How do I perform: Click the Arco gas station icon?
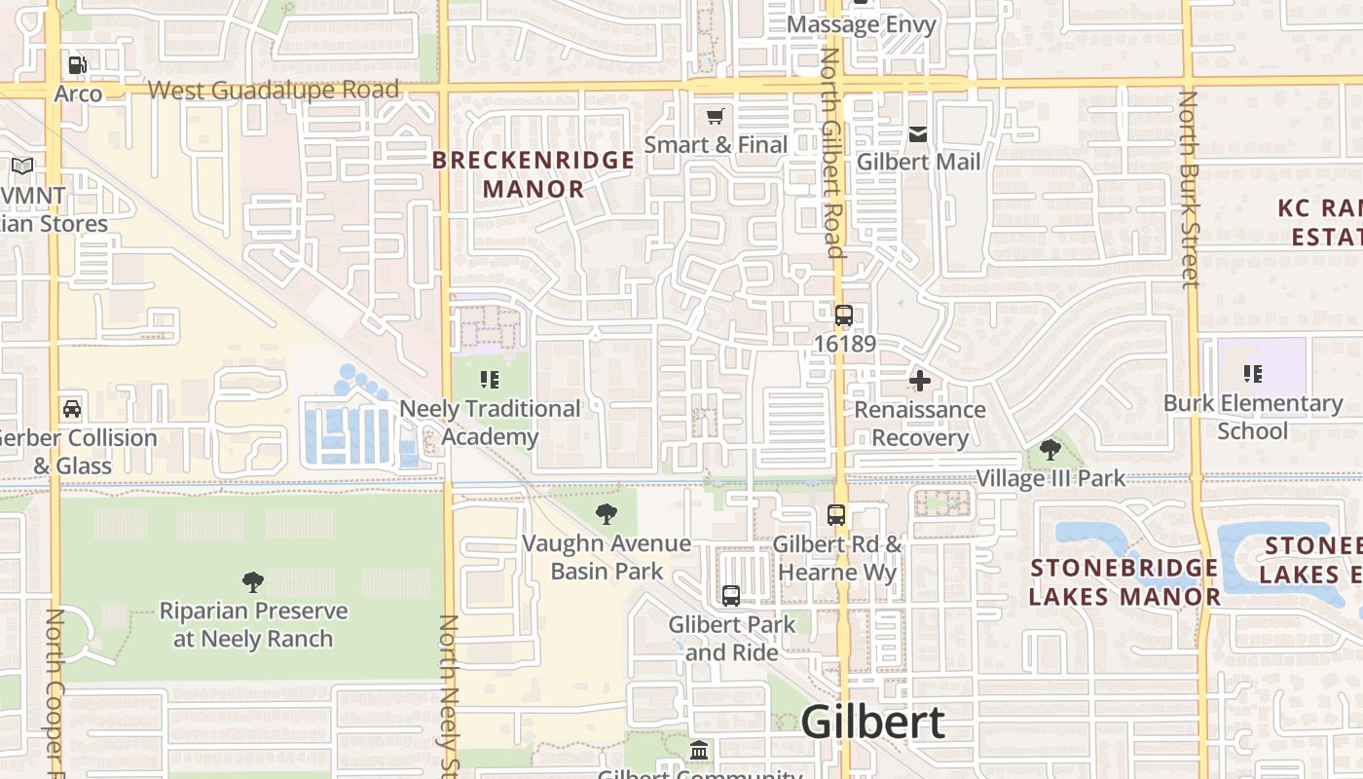point(77,65)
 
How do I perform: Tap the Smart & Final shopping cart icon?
point(716,117)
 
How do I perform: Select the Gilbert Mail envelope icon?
point(918,134)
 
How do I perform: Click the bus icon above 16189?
point(844,315)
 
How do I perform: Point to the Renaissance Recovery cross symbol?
point(919,381)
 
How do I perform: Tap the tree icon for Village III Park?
point(1050,449)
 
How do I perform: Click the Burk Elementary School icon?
point(1252,374)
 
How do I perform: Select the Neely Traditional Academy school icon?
point(489,380)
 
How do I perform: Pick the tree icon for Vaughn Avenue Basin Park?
point(607,513)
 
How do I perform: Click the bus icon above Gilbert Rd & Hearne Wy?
point(836,515)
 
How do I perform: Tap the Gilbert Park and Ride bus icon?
point(731,595)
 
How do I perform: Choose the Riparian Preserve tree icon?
point(253,582)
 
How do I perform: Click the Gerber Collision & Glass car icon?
point(72,408)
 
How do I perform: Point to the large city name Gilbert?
point(872,723)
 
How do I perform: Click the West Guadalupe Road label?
point(274,91)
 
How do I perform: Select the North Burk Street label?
point(1189,189)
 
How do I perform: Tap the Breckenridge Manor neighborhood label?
point(533,174)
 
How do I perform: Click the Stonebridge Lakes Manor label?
point(1124,581)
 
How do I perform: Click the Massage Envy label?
point(861,25)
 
